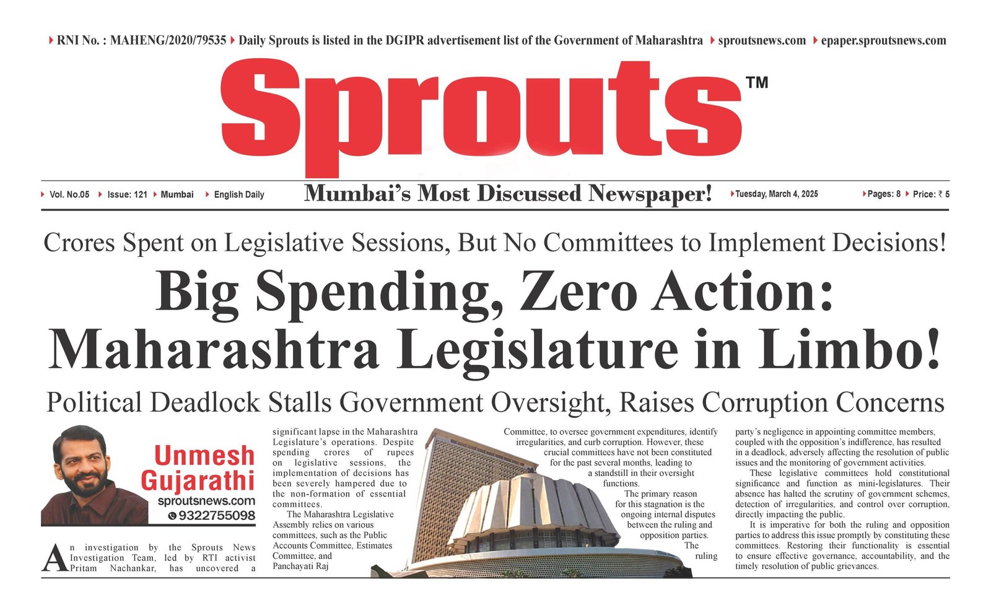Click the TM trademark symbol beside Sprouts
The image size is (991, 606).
click(757, 82)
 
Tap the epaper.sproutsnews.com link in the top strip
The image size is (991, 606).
click(883, 41)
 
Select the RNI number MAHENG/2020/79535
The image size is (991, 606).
click(168, 41)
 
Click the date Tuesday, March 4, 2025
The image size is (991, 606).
click(776, 194)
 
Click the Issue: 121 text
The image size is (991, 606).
click(127, 194)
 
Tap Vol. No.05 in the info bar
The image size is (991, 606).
click(69, 194)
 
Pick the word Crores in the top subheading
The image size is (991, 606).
click(79, 243)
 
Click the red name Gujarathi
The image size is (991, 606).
click(198, 480)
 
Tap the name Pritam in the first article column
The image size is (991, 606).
click(83, 568)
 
